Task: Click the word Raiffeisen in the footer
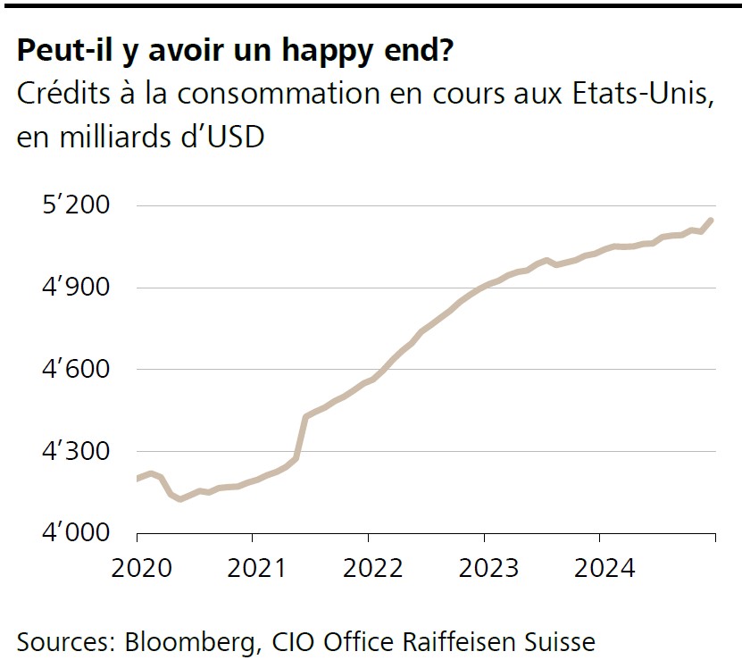(x=463, y=641)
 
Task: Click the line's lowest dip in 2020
(x=181, y=498)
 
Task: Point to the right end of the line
(x=712, y=220)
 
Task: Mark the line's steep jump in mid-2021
(x=301, y=438)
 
